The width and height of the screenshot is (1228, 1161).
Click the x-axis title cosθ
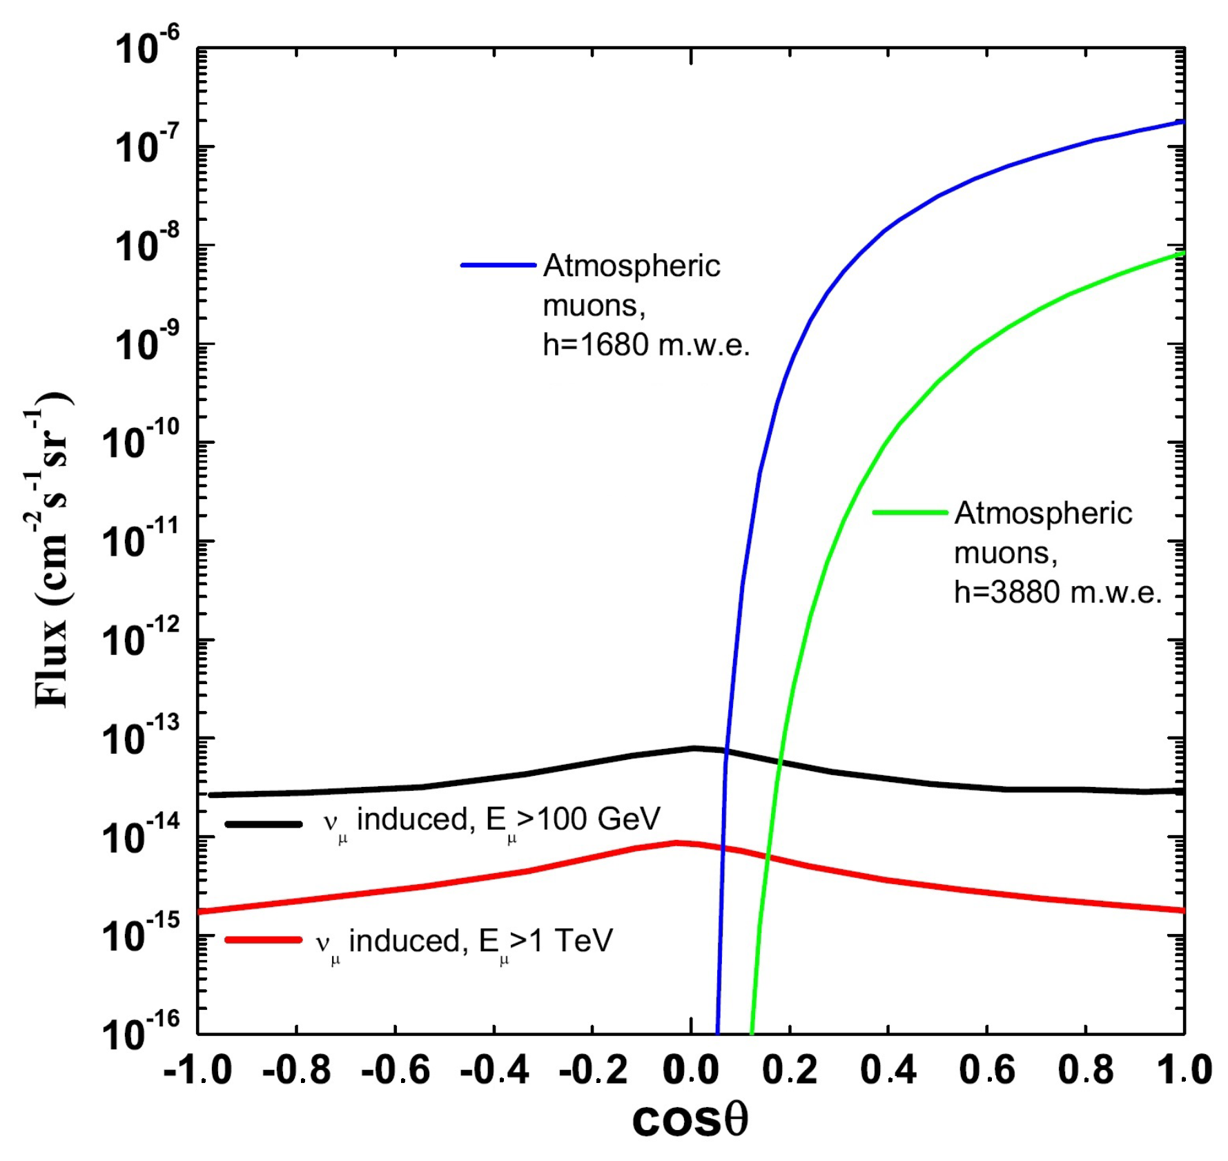[690, 1120]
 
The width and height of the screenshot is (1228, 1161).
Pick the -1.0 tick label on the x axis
[197, 1071]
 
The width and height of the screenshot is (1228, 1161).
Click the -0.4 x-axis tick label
[494, 1071]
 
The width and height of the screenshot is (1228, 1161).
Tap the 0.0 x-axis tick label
[691, 1071]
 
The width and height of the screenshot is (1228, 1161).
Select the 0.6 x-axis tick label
[987, 1071]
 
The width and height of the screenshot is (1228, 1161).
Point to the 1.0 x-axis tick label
[1185, 1071]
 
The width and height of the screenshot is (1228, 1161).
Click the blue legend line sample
[498, 265]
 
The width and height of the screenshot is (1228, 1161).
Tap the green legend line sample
[909, 512]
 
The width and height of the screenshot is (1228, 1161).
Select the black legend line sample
[263, 823]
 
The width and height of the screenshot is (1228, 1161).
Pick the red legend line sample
[263, 939]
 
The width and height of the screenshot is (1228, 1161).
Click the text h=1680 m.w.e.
[645, 344]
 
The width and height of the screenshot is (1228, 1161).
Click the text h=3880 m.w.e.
[1057, 592]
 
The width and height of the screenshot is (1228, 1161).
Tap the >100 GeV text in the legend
[589, 819]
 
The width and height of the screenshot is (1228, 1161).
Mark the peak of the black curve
[694, 748]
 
